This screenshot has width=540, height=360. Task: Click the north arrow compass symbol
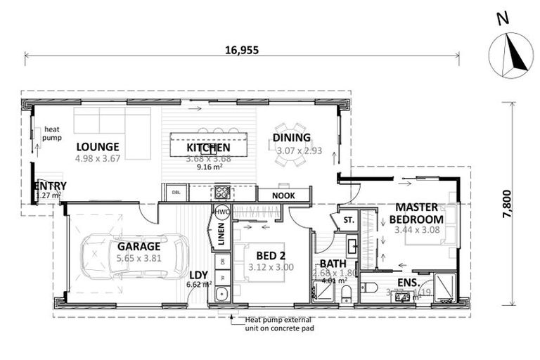510,54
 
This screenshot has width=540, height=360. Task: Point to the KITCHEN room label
208,148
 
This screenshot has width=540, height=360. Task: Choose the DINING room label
292,138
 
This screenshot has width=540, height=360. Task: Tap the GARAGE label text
139,246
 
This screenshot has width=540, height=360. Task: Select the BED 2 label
265,256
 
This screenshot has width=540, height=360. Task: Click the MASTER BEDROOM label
416,212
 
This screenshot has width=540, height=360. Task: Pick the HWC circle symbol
222,212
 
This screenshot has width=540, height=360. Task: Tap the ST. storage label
348,219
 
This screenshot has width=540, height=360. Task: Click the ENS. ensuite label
409,283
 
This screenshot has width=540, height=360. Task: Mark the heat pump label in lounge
52,134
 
